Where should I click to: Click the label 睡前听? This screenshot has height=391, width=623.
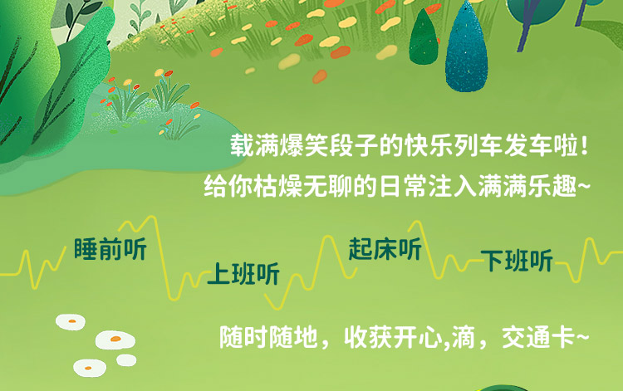click(110, 249)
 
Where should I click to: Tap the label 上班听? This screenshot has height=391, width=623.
click(243, 273)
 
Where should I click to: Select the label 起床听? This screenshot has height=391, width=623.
click(385, 249)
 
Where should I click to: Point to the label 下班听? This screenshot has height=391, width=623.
click(517, 261)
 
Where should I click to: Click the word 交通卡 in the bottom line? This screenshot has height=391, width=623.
click(538, 338)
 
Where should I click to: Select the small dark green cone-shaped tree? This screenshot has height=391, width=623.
click(424, 38)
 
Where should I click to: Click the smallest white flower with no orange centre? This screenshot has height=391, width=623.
click(126, 360)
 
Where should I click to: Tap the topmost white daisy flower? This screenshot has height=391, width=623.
click(71, 322)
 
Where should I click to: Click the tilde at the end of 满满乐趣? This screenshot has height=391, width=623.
click(583, 186)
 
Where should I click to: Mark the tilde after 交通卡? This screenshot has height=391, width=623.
click(582, 338)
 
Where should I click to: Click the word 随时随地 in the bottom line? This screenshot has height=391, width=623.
click(269, 338)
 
